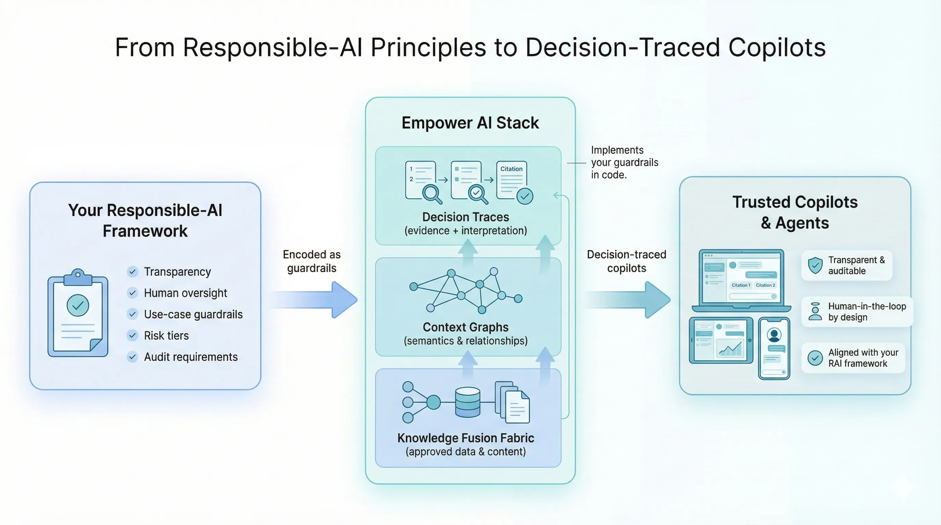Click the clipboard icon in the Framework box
(78, 314)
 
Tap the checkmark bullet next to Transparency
(132, 272)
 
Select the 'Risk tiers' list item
(166, 336)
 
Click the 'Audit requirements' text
(191, 357)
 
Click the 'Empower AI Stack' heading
(470, 123)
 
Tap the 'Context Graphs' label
(465, 327)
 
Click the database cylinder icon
(467, 402)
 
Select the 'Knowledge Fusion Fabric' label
(465, 438)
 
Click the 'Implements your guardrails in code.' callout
(624, 162)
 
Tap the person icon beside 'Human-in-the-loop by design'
(815, 311)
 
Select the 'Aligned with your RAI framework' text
(863, 358)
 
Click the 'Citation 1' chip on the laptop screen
(740, 285)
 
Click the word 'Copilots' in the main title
(777, 48)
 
